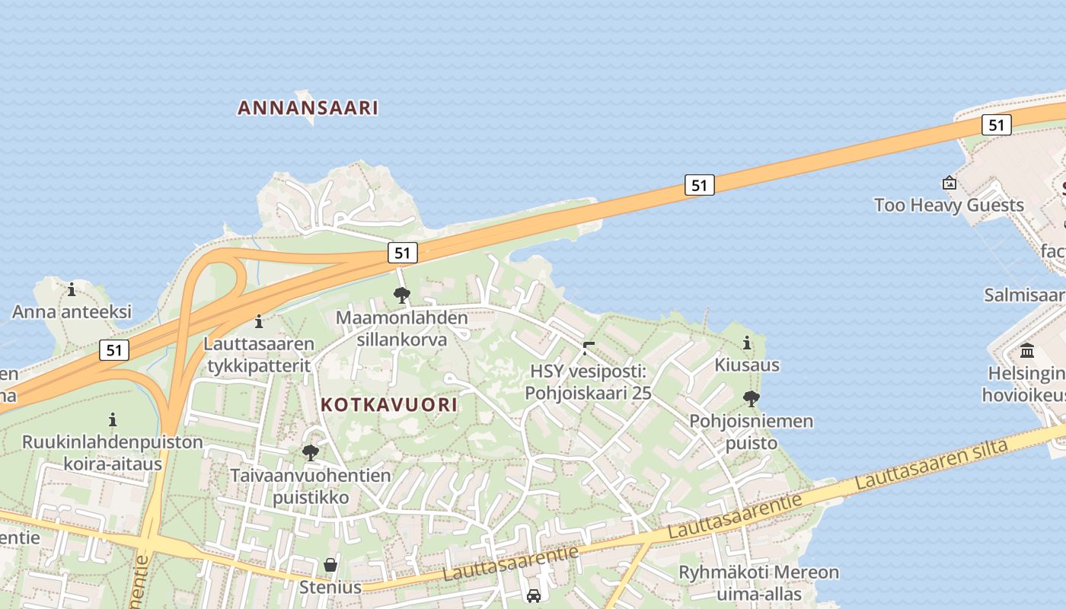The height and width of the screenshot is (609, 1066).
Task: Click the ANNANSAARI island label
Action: click(308, 107)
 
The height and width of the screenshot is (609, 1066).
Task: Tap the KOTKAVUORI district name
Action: click(389, 404)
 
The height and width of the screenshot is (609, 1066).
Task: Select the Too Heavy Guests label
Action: click(949, 205)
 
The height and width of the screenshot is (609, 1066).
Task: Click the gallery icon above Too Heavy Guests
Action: click(950, 183)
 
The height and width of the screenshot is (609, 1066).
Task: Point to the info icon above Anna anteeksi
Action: click(72, 289)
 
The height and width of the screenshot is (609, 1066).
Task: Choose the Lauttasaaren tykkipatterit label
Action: click(258, 355)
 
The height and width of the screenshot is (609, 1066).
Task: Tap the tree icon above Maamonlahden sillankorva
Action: click(401, 295)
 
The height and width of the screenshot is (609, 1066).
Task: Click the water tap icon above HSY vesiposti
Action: click(588, 349)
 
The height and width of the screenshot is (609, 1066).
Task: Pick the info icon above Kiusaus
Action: click(747, 343)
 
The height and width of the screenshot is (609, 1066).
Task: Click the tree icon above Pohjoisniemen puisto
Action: click(752, 398)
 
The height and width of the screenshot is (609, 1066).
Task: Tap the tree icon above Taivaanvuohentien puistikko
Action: click(310, 453)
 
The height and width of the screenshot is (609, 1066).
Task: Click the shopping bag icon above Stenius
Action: click(330, 565)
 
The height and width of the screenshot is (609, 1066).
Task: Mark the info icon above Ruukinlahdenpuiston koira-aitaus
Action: click(113, 419)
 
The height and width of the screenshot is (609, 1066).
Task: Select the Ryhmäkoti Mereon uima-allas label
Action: click(758, 582)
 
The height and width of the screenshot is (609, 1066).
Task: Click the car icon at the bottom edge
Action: click(534, 595)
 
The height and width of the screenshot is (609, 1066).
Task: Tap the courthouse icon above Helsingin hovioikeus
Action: click(1027, 351)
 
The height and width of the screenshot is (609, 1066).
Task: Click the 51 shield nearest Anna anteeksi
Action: click(113, 350)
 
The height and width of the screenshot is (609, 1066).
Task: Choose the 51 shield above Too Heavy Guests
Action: click(996, 125)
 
